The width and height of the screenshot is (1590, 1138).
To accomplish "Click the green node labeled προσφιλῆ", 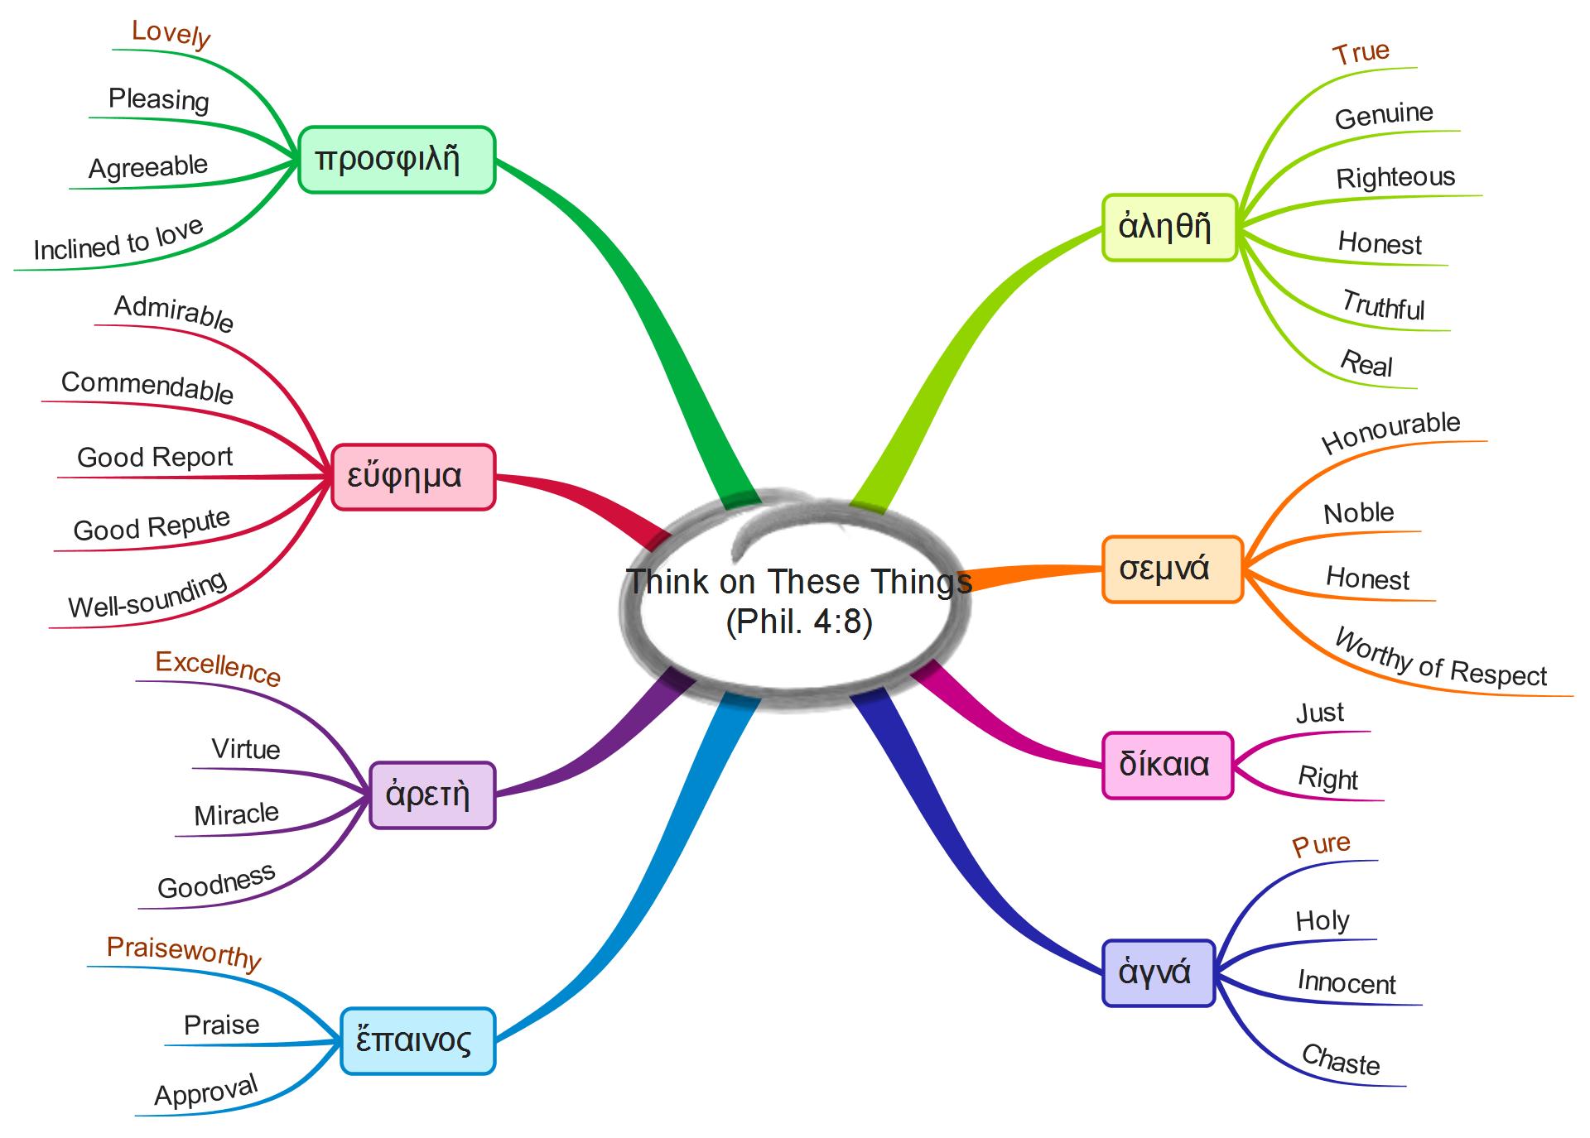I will click(x=396, y=160).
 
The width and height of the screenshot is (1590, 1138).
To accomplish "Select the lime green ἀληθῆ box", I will click(x=1168, y=228).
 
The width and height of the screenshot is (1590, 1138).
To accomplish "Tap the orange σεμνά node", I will click(x=1171, y=569).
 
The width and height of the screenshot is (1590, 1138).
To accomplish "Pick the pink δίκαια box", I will click(x=1166, y=765).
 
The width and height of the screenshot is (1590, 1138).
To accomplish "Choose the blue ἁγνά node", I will click(x=1158, y=972).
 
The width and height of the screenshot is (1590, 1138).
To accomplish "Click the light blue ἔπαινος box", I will click(x=417, y=1041).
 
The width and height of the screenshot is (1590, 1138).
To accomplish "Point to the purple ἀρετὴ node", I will click(x=431, y=795).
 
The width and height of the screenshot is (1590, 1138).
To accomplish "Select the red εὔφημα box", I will click(x=412, y=477).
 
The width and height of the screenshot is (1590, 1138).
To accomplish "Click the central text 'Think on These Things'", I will click(x=798, y=582).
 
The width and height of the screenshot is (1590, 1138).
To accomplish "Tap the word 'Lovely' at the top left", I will click(x=171, y=34).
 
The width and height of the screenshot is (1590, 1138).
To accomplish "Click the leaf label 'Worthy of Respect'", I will click(x=1441, y=660).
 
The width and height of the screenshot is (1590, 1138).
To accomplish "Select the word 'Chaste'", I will click(x=1340, y=1060).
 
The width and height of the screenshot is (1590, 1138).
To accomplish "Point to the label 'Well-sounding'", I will click(x=147, y=596).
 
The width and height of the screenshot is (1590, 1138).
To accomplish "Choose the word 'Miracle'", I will click(x=236, y=814).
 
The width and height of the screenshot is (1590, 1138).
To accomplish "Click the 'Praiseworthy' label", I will click(x=184, y=952).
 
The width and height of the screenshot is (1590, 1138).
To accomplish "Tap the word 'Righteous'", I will click(x=1395, y=177).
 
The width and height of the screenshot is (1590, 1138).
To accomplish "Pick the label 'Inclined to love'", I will click(x=118, y=241).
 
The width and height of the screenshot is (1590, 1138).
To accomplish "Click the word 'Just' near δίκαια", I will click(x=1319, y=713).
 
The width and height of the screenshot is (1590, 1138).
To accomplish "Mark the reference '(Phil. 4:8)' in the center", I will click(x=798, y=622).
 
